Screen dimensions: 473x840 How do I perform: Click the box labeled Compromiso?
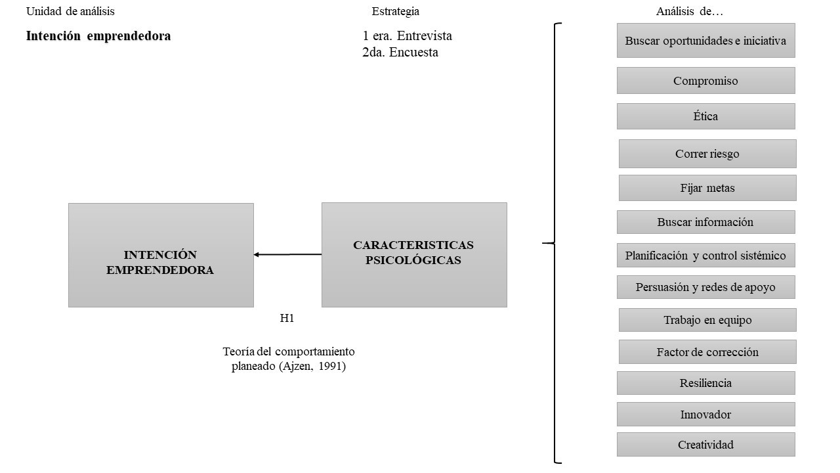(x=705, y=81)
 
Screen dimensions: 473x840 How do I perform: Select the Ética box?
(x=705, y=116)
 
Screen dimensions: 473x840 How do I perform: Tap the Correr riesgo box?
(x=707, y=154)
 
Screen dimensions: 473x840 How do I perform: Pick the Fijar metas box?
(x=707, y=188)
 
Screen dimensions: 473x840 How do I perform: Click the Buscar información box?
(x=705, y=222)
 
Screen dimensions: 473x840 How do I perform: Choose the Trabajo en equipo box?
(x=707, y=320)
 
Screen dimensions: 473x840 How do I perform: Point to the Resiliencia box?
(x=705, y=383)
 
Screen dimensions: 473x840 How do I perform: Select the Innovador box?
(x=705, y=415)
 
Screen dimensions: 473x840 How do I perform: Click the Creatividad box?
(x=705, y=445)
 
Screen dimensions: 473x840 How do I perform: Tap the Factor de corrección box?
(x=707, y=352)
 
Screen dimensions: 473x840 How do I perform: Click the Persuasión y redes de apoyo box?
(x=705, y=287)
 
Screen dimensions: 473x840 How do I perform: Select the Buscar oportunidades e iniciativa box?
(x=705, y=41)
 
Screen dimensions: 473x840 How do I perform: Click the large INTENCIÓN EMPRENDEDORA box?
(x=161, y=255)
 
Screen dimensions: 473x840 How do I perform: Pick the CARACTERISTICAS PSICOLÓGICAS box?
(x=414, y=255)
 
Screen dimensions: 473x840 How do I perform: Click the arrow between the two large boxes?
(x=287, y=254)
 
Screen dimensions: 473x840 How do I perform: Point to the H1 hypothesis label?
(x=287, y=319)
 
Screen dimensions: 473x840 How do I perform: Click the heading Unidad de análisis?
(x=70, y=11)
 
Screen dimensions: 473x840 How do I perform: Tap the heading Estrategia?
(x=395, y=11)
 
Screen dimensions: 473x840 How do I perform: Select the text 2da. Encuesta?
(x=400, y=53)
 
